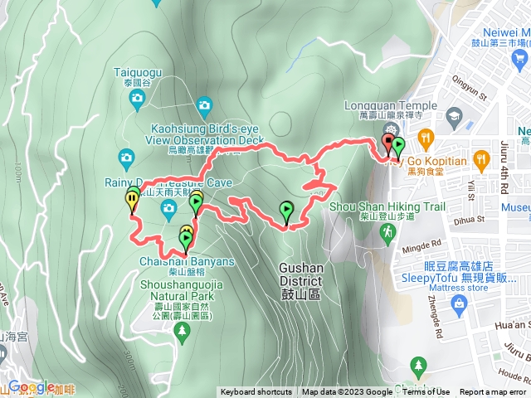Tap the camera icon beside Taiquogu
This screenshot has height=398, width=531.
(x=138, y=99)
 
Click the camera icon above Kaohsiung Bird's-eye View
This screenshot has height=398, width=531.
(x=204, y=104)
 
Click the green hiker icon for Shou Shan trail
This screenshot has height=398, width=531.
(x=387, y=236)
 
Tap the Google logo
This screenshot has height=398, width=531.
(x=30, y=387)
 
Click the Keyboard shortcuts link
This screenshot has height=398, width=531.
(x=256, y=392)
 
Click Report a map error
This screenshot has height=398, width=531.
(x=493, y=392)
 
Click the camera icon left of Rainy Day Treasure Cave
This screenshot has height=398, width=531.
(x=126, y=156)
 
